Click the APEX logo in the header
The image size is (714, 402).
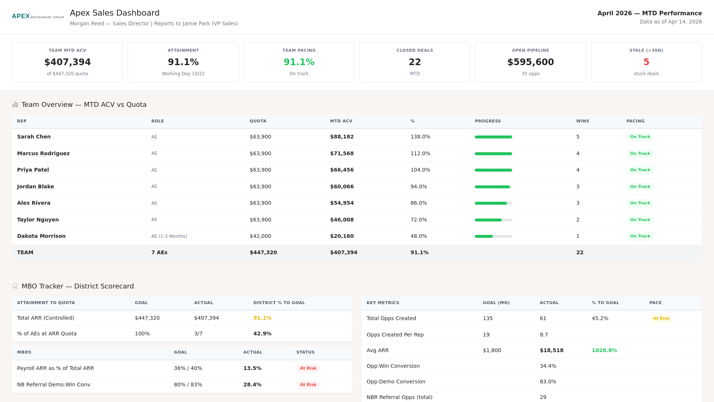[21, 16]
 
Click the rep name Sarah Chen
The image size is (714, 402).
[34, 137]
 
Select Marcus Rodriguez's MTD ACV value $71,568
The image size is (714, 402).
[342, 153]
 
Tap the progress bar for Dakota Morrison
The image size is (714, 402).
[493, 236]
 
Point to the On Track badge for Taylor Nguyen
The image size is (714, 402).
[640, 220]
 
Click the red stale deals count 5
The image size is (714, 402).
[646, 62]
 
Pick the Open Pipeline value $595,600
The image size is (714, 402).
[530, 62]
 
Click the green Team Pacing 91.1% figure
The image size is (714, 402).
[299, 62]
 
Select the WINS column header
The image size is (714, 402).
[582, 121]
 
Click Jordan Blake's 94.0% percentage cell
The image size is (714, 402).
[418, 186]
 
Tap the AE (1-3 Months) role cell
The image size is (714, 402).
[169, 236]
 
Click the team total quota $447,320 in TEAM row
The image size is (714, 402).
[263, 252]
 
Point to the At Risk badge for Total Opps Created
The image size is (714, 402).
[661, 318]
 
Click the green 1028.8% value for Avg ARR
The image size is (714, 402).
[604, 350]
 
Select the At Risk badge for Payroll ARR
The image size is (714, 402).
[308, 368]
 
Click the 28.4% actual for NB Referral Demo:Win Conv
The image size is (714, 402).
[252, 385]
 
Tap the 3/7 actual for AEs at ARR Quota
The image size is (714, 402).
[198, 334]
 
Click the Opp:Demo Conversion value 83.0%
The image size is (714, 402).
[548, 382]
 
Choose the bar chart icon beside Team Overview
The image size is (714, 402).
[15, 104]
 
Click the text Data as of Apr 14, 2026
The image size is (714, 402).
[670, 22]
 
